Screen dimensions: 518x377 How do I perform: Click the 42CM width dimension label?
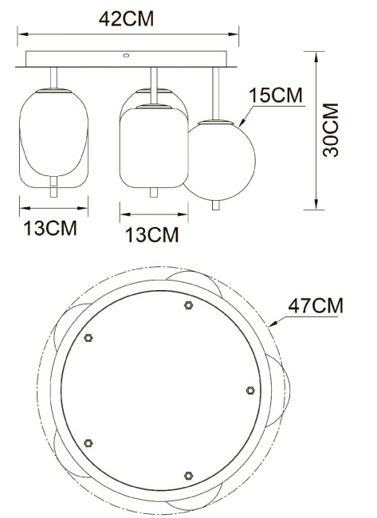click(x=128, y=19)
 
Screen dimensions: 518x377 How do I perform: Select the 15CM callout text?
click(x=277, y=96)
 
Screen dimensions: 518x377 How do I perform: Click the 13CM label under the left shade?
click(x=50, y=229)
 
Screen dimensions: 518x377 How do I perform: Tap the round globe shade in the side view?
click(x=221, y=159)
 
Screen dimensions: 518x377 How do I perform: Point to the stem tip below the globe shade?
click(x=215, y=205)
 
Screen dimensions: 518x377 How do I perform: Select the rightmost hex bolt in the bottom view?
click(x=250, y=390)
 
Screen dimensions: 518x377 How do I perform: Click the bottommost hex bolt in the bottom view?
click(x=187, y=475)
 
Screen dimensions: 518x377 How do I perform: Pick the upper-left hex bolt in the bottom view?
click(x=89, y=337)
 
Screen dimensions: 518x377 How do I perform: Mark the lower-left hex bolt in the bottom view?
click(x=88, y=442)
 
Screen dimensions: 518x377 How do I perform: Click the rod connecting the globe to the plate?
click(x=214, y=93)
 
